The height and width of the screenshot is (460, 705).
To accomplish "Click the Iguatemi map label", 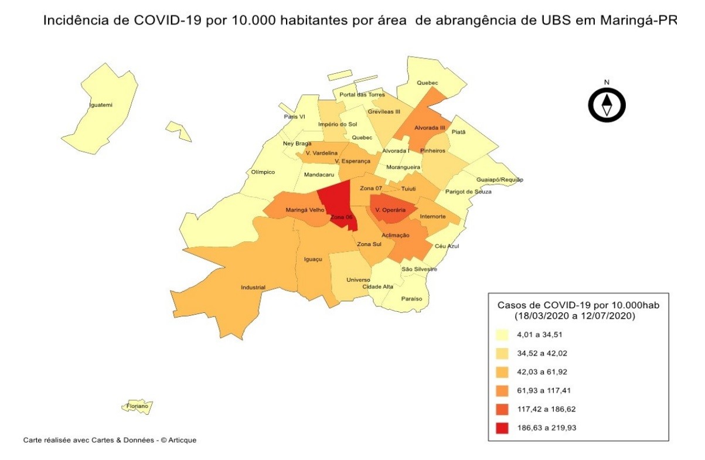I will (100, 105).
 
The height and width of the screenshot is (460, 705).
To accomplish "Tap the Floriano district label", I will (138, 406).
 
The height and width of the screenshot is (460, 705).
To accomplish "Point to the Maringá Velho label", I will (305, 210).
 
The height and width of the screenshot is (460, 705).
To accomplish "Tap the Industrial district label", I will (253, 288).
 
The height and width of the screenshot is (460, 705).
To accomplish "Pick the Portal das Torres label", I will (362, 94).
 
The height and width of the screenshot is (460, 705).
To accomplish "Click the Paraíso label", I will (411, 299).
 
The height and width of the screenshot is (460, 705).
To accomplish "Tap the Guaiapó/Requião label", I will (499, 179).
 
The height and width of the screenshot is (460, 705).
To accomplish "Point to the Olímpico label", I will (263, 172).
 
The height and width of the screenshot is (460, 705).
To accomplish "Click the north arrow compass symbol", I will (607, 105).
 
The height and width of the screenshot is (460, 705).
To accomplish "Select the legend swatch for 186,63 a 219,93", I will (502, 428).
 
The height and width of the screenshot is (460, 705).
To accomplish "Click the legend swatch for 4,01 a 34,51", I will (502, 335).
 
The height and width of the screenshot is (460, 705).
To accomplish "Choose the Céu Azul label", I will (447, 246).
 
